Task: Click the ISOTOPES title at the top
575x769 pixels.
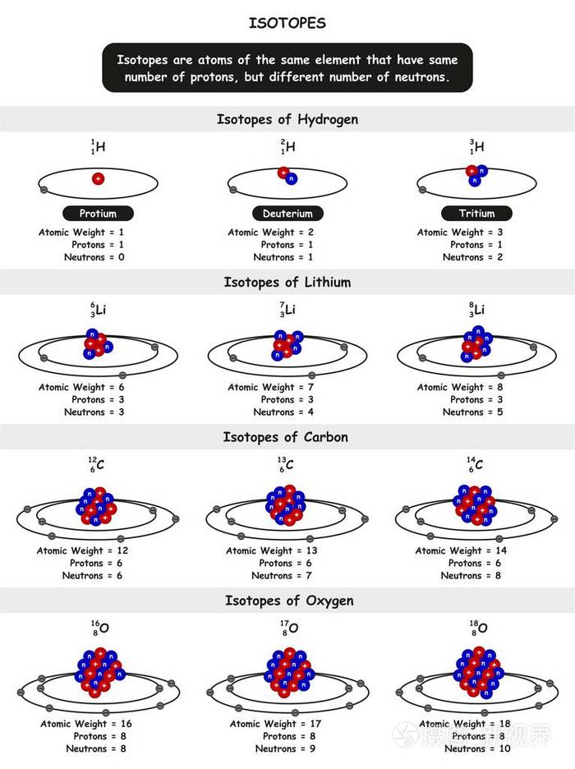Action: [287, 23]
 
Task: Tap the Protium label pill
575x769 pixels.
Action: [98, 214]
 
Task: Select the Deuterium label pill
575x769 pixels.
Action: [287, 214]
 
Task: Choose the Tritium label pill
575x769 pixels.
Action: [476, 214]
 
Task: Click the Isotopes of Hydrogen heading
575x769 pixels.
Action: [287, 119]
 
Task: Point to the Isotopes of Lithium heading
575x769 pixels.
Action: [287, 282]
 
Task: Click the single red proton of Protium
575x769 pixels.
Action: [99, 178]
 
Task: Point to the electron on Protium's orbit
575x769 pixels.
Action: [44, 190]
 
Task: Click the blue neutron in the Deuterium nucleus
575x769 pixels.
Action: [292, 178]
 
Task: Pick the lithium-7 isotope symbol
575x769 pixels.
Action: [287, 311]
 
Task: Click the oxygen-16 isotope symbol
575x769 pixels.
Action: [99, 629]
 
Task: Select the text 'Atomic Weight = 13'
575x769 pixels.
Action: [271, 550]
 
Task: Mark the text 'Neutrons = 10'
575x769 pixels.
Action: [476, 748]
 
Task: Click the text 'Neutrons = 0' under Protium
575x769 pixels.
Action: [94, 257]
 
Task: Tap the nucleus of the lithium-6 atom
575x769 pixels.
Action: [97, 345]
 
